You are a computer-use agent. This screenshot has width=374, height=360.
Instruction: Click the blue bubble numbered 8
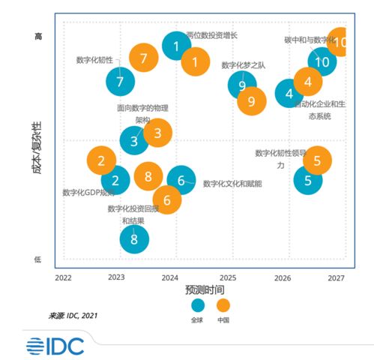[x=134, y=239]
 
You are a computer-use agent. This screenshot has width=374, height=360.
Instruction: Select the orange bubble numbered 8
[x=148, y=177]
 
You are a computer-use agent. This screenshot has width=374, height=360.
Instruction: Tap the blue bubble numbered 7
[x=120, y=81]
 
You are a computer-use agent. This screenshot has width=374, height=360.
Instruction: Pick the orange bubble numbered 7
[x=143, y=58]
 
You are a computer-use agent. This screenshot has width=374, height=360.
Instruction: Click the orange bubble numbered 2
[x=101, y=160]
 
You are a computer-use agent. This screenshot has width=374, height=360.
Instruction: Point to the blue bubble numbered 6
[x=181, y=180]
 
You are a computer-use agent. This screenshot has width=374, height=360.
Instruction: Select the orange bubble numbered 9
[x=251, y=100]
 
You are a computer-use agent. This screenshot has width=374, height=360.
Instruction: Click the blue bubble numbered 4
[x=289, y=94]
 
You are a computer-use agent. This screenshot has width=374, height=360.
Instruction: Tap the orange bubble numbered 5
[x=317, y=160]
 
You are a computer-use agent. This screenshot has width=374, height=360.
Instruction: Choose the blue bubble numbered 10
[x=322, y=61]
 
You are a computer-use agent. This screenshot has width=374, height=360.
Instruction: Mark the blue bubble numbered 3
[x=134, y=140]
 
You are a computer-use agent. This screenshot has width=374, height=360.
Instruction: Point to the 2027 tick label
[x=336, y=277]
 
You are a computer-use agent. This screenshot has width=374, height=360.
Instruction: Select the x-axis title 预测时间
[x=205, y=289]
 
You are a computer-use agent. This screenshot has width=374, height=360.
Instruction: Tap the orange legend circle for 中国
[x=223, y=305]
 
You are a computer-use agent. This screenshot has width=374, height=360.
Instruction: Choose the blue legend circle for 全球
[x=198, y=305]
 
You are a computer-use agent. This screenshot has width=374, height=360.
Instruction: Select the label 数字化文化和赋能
[x=232, y=184]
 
